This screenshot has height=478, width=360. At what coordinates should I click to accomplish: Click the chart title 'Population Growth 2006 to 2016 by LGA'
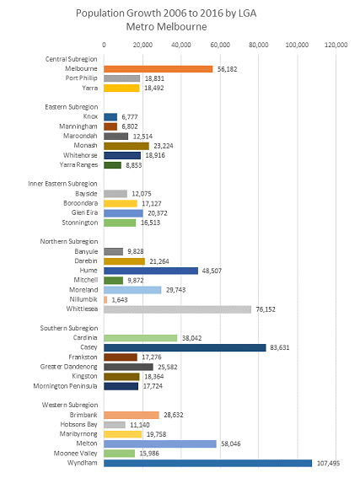click(180, 13)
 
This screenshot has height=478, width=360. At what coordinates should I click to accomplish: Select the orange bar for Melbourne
click(158, 69)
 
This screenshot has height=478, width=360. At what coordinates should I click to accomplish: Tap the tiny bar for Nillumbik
click(105, 299)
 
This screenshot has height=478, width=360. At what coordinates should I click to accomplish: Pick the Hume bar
click(150, 271)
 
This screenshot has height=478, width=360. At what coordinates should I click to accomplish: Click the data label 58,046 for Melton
click(232, 443)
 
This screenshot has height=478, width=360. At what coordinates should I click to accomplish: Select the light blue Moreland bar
click(132, 290)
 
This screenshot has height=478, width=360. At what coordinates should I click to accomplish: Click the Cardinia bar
click(140, 337)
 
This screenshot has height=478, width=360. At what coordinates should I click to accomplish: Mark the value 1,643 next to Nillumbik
click(119, 299)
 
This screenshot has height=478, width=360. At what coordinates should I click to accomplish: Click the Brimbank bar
click(131, 415)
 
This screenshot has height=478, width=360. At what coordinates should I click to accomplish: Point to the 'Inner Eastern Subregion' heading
click(67, 183)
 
